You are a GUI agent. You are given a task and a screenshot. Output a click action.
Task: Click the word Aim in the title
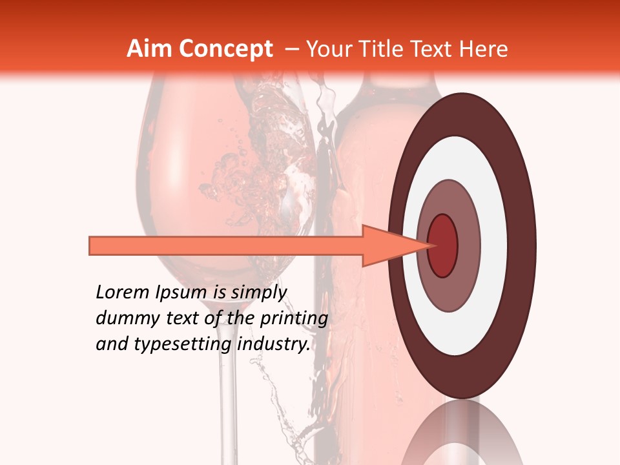[x=149, y=49]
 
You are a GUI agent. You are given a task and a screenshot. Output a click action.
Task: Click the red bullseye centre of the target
[x=442, y=245]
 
